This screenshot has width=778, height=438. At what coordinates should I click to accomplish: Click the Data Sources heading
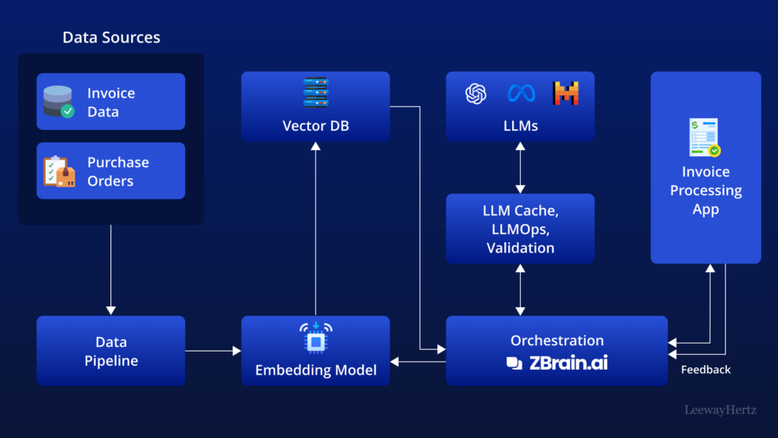pyautogui.click(x=111, y=37)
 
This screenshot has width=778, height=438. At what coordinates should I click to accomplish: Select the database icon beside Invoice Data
pyautogui.click(x=58, y=102)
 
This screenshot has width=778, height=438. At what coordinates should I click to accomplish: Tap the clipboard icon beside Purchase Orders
pyautogui.click(x=59, y=171)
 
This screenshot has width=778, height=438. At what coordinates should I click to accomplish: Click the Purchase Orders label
pyautogui.click(x=117, y=171)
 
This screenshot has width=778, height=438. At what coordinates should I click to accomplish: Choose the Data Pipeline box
pyautogui.click(x=110, y=351)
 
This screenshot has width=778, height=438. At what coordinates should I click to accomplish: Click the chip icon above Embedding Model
pyautogui.click(x=315, y=338)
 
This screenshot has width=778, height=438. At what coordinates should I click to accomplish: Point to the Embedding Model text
pyautogui.click(x=315, y=370)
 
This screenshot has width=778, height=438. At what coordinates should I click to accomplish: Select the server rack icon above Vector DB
pyautogui.click(x=315, y=93)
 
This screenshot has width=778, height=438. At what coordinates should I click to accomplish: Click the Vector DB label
pyautogui.click(x=315, y=126)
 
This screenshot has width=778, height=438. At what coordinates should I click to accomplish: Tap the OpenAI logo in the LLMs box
pyautogui.click(x=476, y=94)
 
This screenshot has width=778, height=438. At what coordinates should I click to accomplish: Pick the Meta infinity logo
pyautogui.click(x=521, y=94)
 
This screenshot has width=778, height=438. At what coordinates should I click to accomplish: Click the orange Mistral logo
pyautogui.click(x=566, y=94)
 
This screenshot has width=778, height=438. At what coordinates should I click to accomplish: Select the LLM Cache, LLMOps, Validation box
pyautogui.click(x=519, y=229)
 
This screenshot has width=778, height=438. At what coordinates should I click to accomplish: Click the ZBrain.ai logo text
pyautogui.click(x=567, y=363)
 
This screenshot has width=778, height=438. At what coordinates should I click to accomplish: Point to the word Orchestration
pyautogui.click(x=557, y=340)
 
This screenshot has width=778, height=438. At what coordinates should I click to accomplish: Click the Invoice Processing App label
pyautogui.click(x=705, y=190)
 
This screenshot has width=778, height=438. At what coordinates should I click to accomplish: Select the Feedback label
pyautogui.click(x=706, y=370)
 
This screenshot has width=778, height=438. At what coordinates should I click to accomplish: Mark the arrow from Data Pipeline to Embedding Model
pyautogui.click(x=213, y=351)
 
